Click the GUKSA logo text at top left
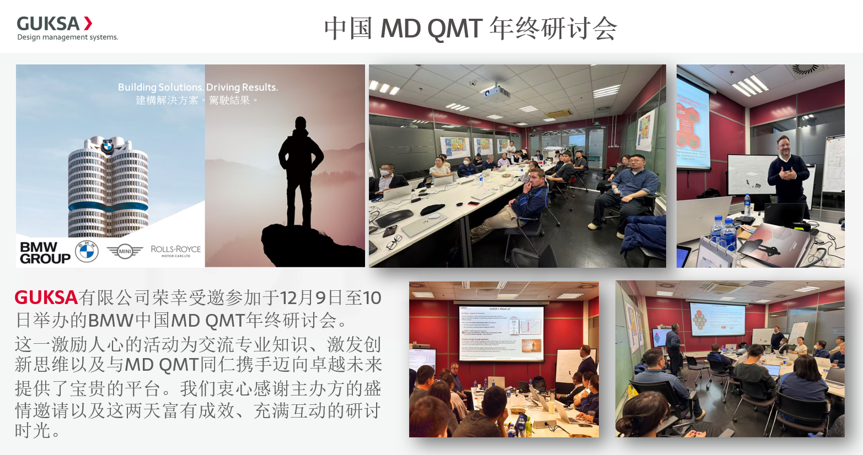pos(48,24)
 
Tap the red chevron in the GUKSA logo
pos(88,23)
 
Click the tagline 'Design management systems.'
pos(67,37)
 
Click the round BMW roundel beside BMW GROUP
pos(87,252)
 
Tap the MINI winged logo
pos(125,252)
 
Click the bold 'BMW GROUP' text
pos(45,252)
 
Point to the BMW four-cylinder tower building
pos(108,187)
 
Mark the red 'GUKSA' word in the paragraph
pos(46,297)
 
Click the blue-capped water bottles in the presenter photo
pos(722,229)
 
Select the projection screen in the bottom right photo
pos(717,319)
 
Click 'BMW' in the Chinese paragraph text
pos(110,320)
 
